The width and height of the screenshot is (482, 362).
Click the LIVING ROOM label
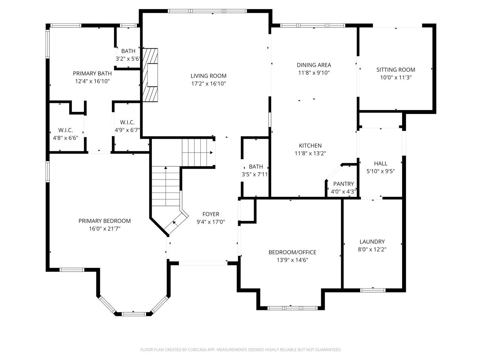pos(208,76)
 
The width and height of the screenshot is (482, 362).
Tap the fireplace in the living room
pos(150,75)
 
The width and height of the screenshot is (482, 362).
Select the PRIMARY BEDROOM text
pos(105,221)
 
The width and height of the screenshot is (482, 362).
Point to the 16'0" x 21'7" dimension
pos(105,229)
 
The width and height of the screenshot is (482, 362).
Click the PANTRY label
pos(343,184)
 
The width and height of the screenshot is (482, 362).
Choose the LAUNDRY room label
pos(372,242)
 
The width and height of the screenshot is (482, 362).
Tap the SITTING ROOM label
pos(396,70)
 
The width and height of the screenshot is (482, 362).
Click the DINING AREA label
pos(314,65)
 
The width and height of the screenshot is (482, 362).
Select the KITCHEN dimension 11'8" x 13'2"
pos(310,153)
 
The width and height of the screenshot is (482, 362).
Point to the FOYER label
pos(211,214)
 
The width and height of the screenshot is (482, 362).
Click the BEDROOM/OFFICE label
pos(292,252)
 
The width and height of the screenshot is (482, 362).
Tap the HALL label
pos(381,164)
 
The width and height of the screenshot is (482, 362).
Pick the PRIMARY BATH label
pos(92,74)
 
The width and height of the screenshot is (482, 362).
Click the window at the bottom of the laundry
pos(373,290)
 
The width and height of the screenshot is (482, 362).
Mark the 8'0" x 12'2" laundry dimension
pos(372,250)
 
